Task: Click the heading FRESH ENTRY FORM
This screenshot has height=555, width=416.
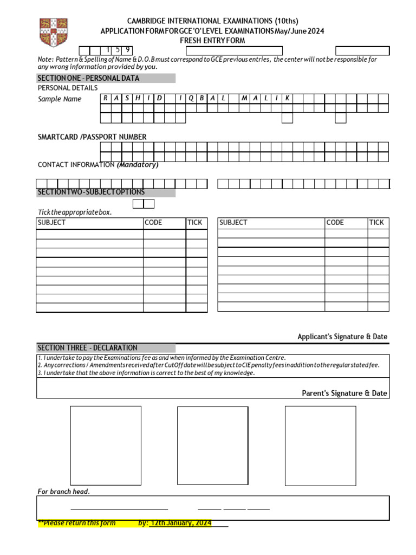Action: click(212, 41)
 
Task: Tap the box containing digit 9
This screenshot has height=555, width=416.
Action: click(127, 51)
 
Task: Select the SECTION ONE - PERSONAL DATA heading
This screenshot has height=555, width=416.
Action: click(88, 78)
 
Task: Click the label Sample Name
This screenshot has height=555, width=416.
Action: click(60, 99)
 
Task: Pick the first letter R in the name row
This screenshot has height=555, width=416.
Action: click(106, 98)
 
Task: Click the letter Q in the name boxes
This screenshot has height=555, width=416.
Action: click(191, 98)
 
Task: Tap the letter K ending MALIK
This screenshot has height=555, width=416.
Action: click(287, 98)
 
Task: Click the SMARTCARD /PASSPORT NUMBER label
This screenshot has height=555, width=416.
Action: click(92, 137)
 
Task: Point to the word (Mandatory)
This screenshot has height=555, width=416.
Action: click(138, 165)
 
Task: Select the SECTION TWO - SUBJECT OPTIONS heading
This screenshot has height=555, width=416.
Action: click(91, 192)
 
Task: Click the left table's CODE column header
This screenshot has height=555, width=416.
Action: click(153, 223)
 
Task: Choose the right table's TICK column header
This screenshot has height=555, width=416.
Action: click(376, 223)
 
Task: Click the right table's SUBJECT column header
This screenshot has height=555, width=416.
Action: click(233, 223)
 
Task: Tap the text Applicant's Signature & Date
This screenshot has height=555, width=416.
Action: click(342, 337)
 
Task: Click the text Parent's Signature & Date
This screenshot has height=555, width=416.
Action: click(344, 393)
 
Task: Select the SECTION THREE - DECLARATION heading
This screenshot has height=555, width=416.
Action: click(87, 348)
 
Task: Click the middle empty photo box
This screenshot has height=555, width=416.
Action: click(213, 445)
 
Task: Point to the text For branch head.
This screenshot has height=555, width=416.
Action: click(63, 492)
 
